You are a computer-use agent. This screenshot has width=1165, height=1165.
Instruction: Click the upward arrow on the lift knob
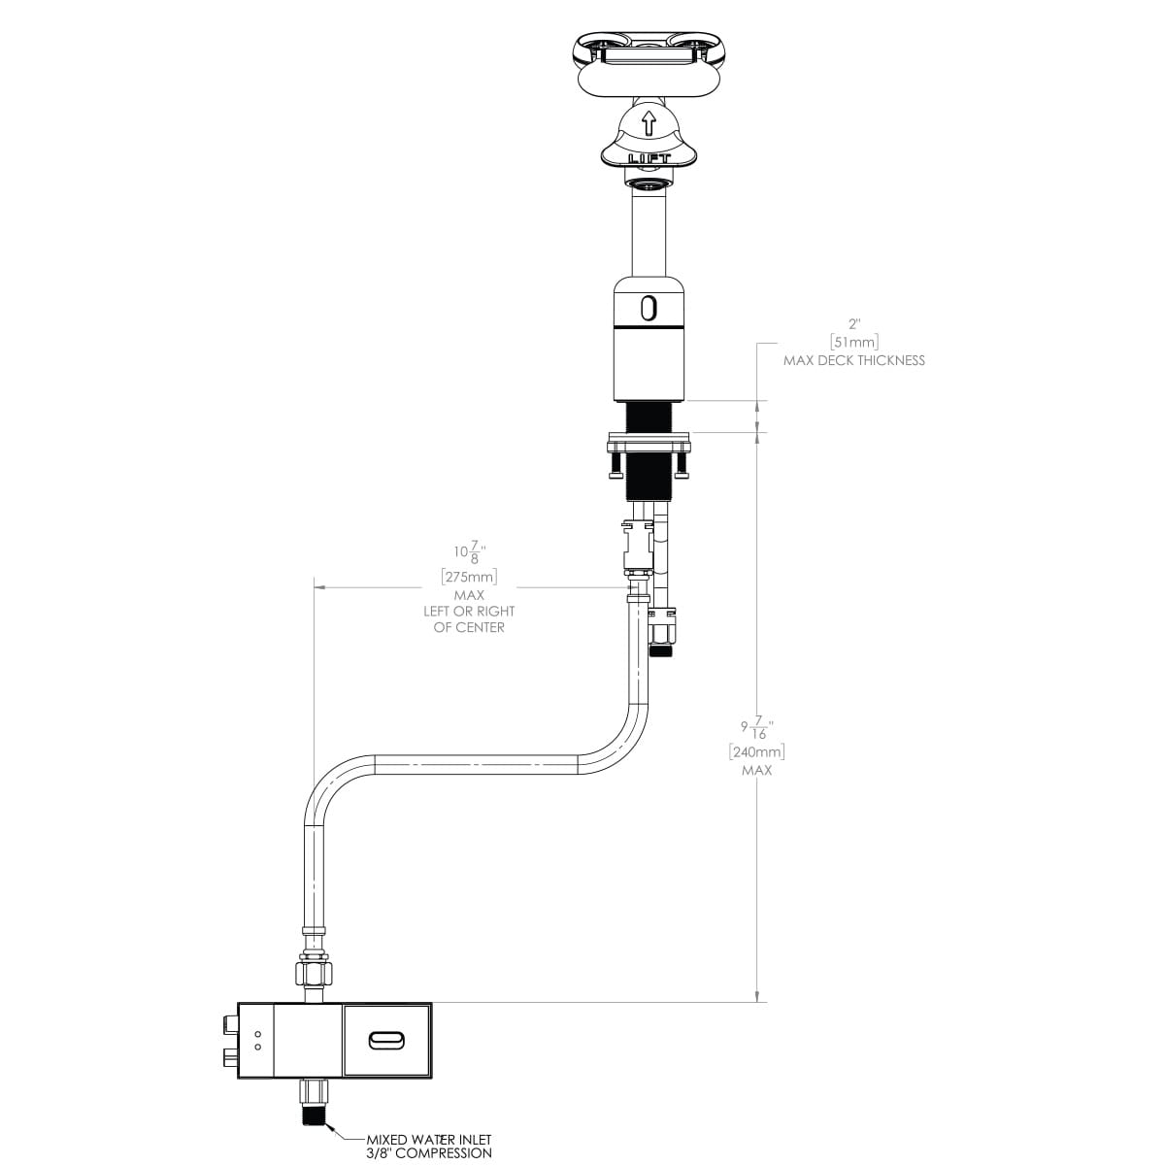[649, 122]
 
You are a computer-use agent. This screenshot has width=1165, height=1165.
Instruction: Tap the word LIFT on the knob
[649, 159]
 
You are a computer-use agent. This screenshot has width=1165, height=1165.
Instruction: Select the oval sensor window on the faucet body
[649, 308]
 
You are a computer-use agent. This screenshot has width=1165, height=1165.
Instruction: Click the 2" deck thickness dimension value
[854, 324]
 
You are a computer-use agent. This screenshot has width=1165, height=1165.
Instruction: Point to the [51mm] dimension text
[854, 342]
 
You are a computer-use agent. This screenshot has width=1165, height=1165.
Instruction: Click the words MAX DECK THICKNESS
[854, 360]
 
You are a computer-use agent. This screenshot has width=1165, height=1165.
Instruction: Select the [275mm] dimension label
[469, 576]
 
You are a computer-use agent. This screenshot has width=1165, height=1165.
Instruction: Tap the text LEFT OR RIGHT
[469, 612]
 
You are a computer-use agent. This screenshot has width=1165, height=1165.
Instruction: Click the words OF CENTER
[469, 627]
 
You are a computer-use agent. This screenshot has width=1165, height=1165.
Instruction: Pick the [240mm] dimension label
[757, 752]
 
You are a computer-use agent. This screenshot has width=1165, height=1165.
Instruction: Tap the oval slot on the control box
[386, 1040]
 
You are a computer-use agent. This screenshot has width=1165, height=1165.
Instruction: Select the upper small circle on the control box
[258, 1034]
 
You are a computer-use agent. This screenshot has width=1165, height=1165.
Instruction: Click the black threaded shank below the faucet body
[649, 417]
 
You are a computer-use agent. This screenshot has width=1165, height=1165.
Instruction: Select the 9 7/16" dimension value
[757, 727]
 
